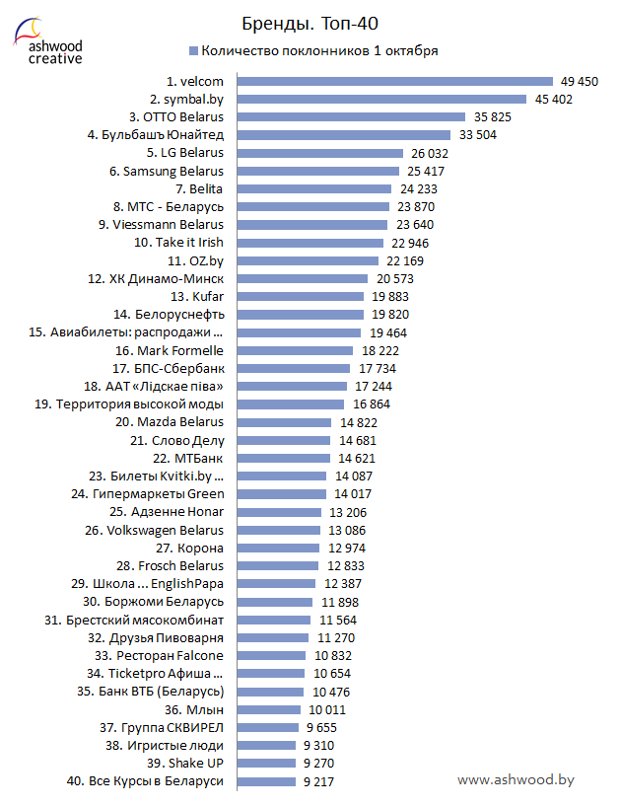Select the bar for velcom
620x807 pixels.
point(394,81)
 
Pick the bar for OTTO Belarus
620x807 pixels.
point(351,116)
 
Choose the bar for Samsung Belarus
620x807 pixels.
point(317,171)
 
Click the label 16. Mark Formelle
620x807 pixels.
point(170,350)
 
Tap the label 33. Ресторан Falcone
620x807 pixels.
point(160,655)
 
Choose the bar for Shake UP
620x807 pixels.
point(266,763)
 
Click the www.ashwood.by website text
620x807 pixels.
point(516,779)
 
